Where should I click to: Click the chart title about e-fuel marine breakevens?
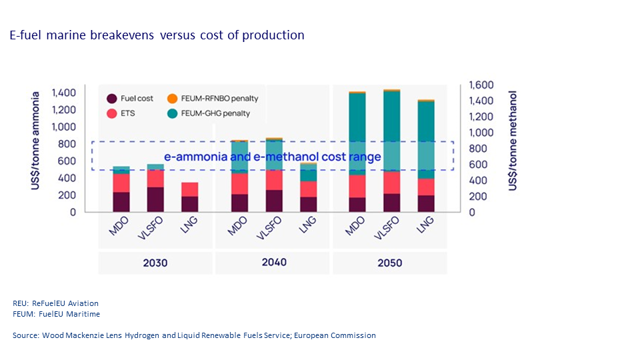pos(157,35)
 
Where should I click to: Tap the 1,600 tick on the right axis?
pos(481,85)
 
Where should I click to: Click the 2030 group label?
pos(155,263)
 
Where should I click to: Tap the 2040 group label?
pos(273,262)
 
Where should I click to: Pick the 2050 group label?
pos(390,263)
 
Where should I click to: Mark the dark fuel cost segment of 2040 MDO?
pos(239,203)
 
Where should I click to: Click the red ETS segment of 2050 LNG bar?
pos(425,187)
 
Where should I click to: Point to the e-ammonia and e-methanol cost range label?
pos(273,157)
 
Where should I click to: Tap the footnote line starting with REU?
pos(55,303)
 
